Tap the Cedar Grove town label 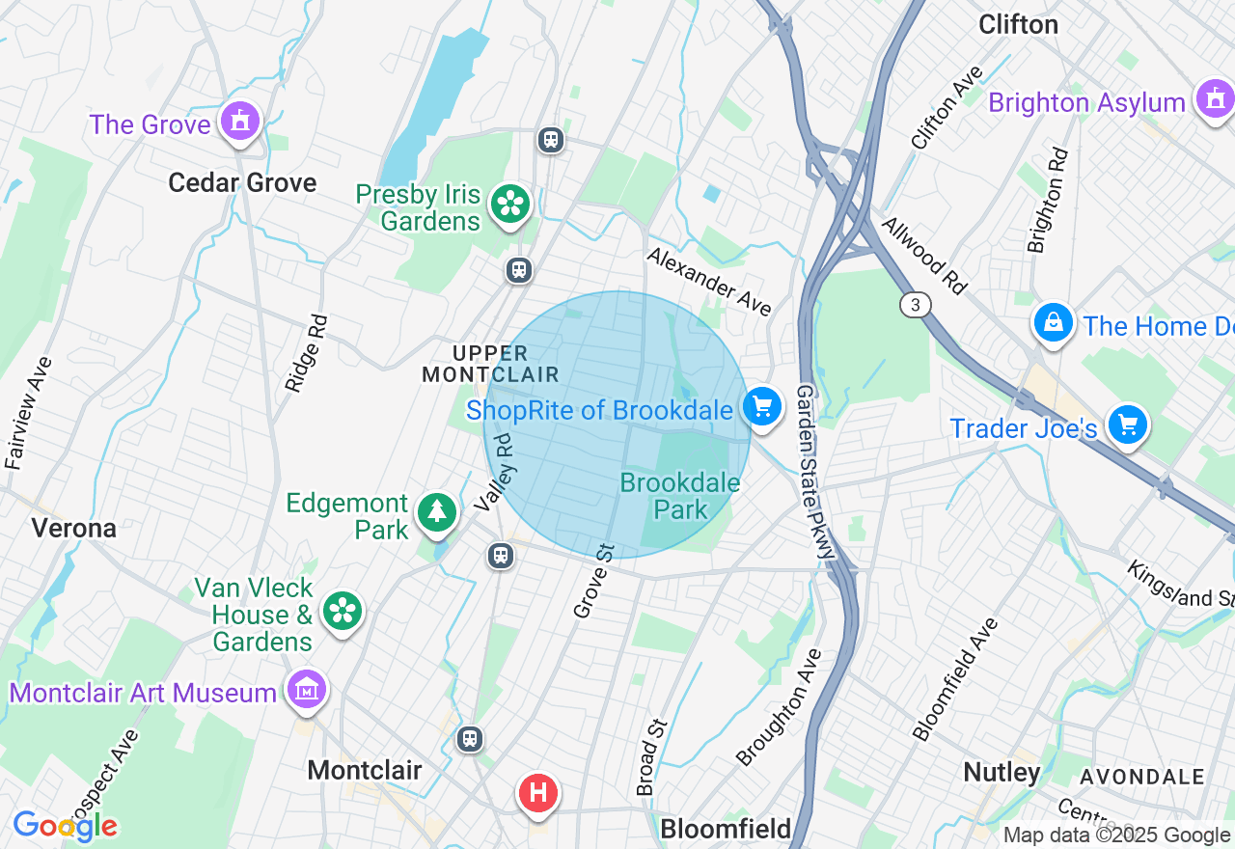point(242,182)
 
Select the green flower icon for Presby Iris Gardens point(509,205)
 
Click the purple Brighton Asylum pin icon point(1214,99)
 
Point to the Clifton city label point(1018,24)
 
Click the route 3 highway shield point(916,305)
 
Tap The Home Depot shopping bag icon point(1054,323)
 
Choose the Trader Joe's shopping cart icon point(1127,425)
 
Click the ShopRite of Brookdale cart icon point(762,407)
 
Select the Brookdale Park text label point(680,496)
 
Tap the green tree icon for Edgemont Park point(437,511)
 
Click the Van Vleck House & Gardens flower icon point(343,612)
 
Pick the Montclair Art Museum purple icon point(307,691)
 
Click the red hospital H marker point(538,794)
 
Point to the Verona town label point(74,528)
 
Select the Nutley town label point(1002,772)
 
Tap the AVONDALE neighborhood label point(1142,777)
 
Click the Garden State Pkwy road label point(813,473)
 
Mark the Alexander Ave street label point(709,281)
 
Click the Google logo point(66,827)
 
